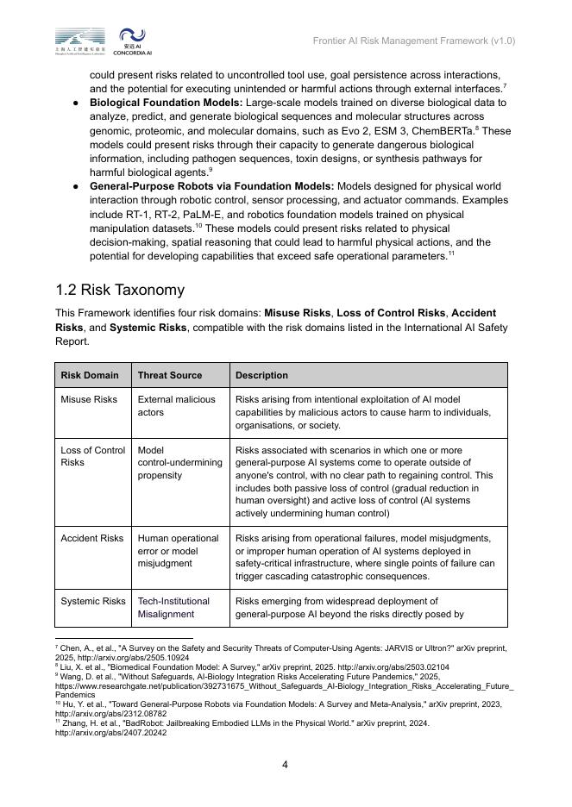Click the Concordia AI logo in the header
[x=133, y=41]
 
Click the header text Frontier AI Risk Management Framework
[x=413, y=41]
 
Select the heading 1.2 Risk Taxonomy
[x=120, y=290]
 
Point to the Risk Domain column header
[x=90, y=375]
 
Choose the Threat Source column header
[x=170, y=375]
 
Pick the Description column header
[x=261, y=375]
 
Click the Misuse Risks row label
[x=89, y=400]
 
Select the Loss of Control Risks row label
[x=92, y=456]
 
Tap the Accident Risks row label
[x=92, y=538]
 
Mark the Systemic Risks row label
[x=93, y=602]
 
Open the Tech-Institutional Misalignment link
[x=173, y=608]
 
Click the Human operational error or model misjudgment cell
[x=178, y=551]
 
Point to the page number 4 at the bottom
[x=286, y=764]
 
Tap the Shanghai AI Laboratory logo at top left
[x=80, y=41]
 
